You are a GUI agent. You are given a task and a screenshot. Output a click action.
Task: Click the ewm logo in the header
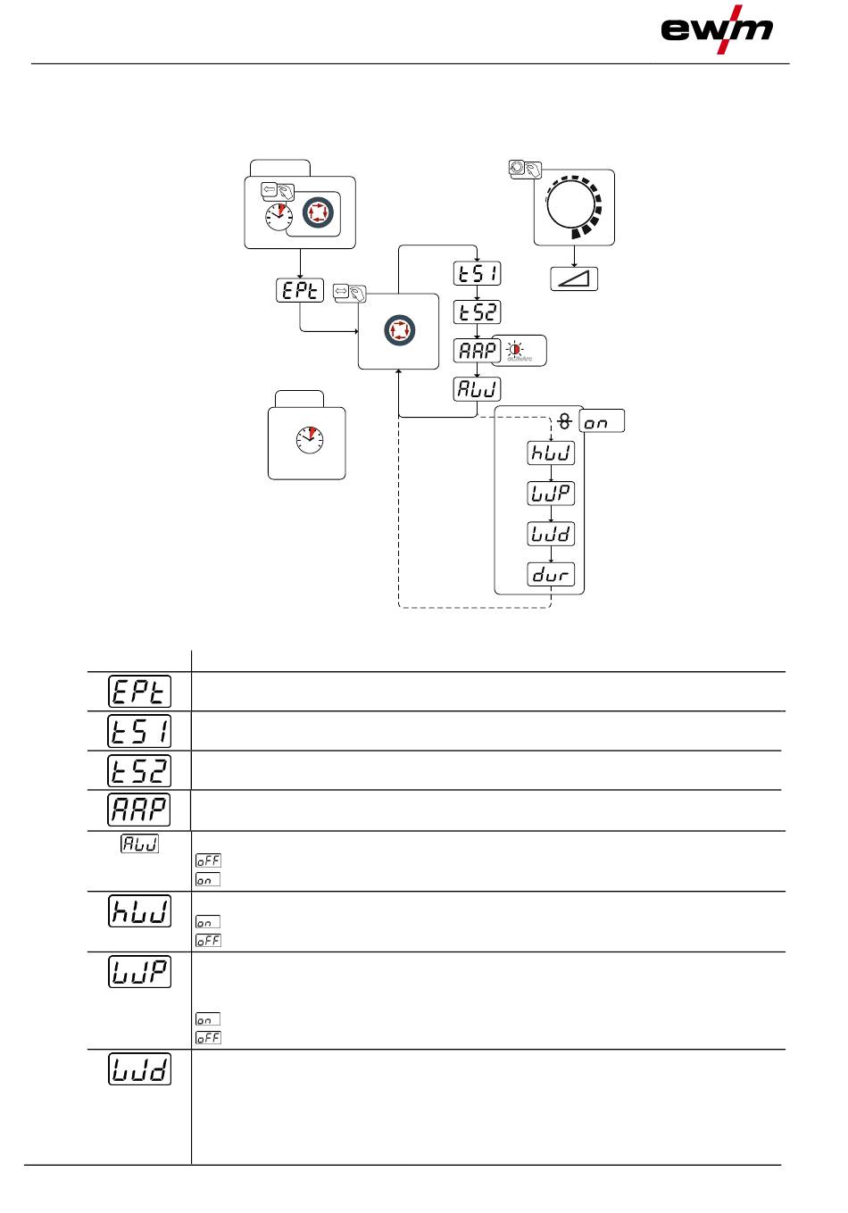click(716, 29)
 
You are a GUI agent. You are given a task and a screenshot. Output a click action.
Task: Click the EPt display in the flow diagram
click(300, 291)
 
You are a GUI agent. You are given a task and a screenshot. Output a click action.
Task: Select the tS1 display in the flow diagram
click(478, 273)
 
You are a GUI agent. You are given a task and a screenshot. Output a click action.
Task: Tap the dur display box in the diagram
click(551, 575)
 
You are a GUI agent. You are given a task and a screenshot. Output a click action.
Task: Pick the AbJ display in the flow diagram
click(478, 390)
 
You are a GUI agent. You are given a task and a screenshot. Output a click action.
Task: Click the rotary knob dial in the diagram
click(572, 206)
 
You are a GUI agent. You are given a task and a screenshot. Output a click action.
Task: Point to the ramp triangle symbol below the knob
click(574, 279)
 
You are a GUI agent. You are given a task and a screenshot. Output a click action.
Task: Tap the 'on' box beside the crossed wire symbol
click(602, 422)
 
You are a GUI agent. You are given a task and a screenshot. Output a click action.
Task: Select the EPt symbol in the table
click(140, 692)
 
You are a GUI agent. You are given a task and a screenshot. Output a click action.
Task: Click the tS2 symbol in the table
click(140, 770)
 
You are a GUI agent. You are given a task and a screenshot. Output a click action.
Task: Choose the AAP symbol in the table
click(140, 810)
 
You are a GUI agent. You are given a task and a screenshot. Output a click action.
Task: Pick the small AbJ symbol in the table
click(140, 843)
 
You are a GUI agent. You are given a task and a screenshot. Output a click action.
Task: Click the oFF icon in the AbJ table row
click(208, 861)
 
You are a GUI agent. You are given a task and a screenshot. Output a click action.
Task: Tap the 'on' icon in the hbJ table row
click(208, 922)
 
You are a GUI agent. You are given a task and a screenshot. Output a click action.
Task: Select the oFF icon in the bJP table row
click(208, 1037)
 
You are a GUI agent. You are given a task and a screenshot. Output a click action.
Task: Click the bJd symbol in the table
click(140, 1069)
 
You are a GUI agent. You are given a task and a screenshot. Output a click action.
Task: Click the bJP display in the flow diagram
click(551, 494)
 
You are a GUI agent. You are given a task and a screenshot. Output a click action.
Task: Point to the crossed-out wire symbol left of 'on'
click(564, 420)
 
